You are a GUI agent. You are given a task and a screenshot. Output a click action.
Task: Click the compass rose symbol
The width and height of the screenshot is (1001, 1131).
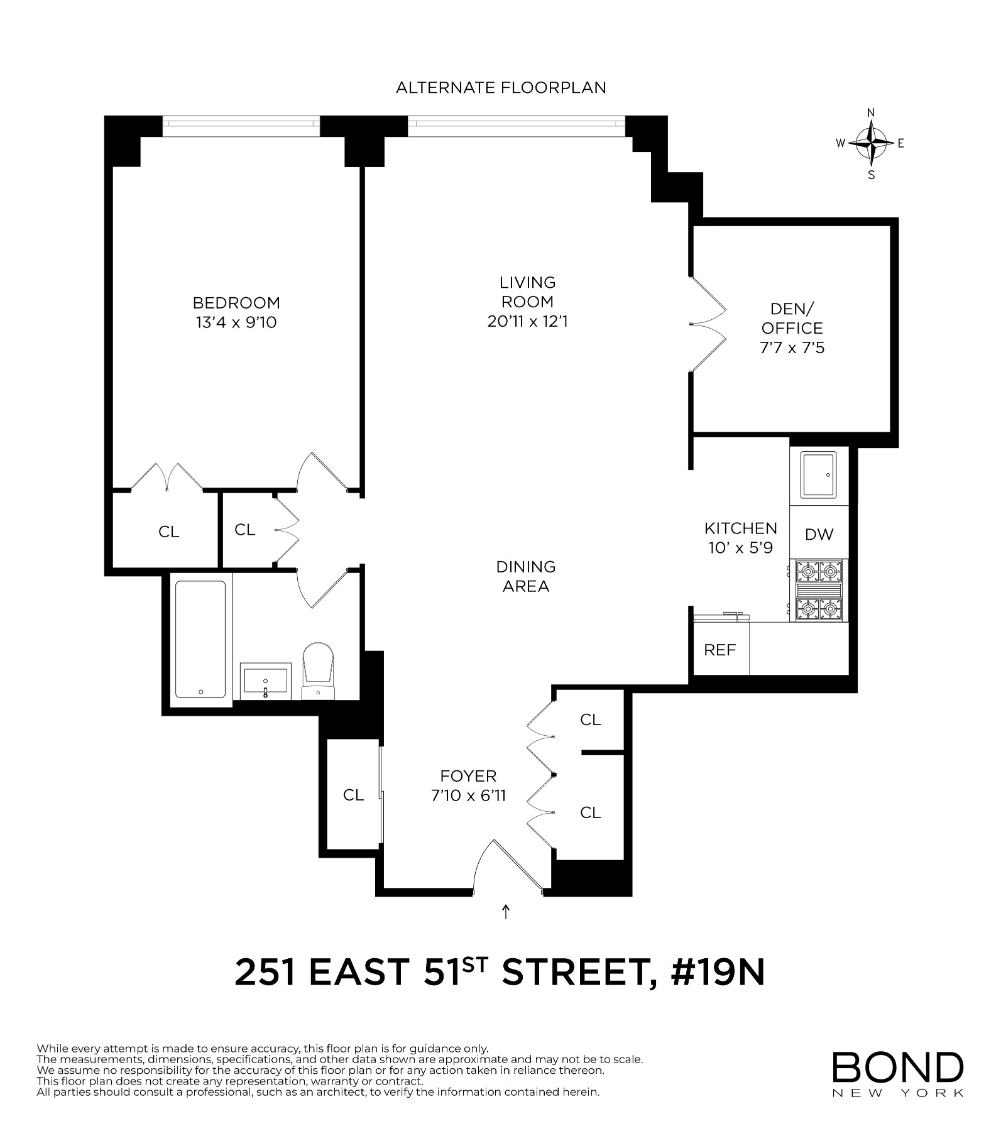coord(870,143)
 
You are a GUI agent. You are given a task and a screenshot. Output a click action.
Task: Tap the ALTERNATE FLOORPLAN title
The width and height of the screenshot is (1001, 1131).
coord(501,88)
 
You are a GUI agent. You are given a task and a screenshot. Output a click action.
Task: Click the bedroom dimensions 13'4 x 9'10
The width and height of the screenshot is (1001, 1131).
coord(236,323)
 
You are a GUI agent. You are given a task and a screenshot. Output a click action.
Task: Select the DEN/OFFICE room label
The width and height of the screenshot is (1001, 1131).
coord(792,319)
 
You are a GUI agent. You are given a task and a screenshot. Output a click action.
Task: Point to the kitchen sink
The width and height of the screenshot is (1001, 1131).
coord(819,474)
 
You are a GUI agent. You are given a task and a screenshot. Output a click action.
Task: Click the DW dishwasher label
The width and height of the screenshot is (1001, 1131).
coord(819,534)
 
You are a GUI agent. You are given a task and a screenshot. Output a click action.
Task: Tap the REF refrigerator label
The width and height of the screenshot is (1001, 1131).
coord(720,650)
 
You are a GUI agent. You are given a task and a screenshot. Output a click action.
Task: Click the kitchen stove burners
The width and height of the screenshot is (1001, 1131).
coord(819,591)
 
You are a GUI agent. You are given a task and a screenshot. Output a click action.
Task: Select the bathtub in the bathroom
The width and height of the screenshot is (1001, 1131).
coord(200,639)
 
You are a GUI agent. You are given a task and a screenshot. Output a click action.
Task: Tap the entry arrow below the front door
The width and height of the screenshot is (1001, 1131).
coord(506,912)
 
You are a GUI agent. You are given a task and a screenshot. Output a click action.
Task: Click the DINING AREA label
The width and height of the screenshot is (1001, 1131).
coord(526,576)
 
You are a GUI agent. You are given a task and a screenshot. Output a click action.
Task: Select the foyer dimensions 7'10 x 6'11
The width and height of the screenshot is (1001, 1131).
coord(468,796)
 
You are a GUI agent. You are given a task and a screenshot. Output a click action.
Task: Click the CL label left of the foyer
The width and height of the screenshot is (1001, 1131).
coord(353,795)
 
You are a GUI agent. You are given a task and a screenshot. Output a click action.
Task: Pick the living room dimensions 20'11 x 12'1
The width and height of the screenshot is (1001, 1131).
coord(527,322)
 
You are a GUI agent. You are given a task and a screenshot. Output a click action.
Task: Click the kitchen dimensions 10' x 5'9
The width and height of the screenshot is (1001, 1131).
coord(740,547)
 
